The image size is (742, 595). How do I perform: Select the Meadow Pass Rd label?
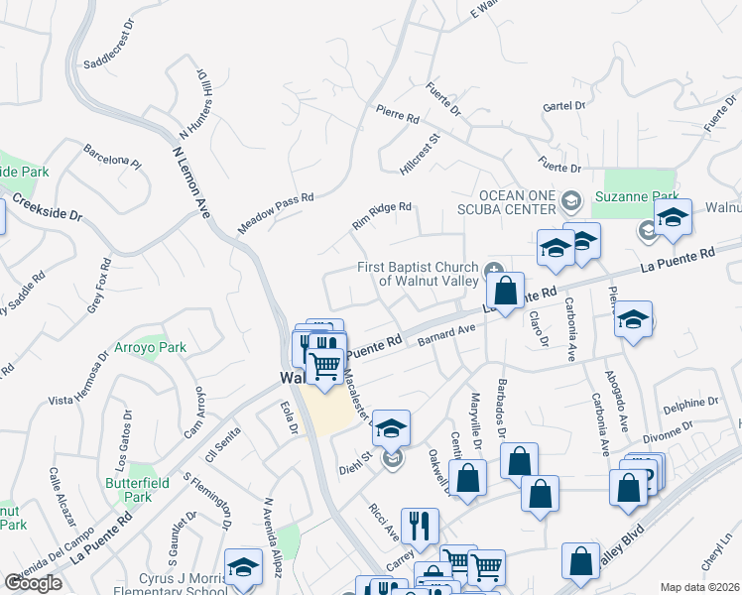pyautogui.click(x=276, y=212)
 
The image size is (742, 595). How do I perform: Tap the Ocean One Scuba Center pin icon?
pyautogui.click(x=570, y=202)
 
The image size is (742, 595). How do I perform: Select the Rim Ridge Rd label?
pyautogui.click(x=381, y=216)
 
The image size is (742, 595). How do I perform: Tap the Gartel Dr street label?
pyautogui.click(x=564, y=104)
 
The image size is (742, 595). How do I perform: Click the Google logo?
pyautogui.click(x=33, y=583)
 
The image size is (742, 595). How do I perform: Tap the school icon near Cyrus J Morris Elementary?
pyautogui.click(x=243, y=568)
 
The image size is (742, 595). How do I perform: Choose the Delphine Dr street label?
pyautogui.click(x=690, y=404)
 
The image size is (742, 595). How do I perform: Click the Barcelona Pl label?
pyautogui.click(x=113, y=159)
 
